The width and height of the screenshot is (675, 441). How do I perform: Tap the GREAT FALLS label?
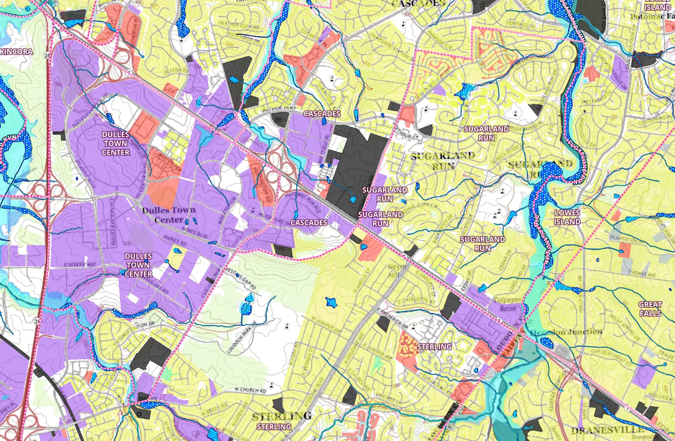[x=650, y=309]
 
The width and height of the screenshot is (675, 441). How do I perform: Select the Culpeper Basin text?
[x=508, y=304]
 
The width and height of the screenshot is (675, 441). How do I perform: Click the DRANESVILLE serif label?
[x=607, y=430]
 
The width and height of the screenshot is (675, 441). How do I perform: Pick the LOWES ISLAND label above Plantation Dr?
[x=567, y=217]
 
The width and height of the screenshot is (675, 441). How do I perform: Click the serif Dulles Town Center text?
[x=169, y=215]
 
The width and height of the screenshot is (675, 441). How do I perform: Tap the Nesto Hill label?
[x=397, y=271]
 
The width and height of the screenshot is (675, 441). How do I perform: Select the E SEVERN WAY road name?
[x=80, y=265]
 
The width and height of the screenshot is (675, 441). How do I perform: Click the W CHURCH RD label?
[x=250, y=390]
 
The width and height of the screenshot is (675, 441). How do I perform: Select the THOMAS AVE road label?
[x=642, y=274]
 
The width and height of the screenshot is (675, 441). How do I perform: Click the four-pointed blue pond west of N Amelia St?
[x=331, y=302]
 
